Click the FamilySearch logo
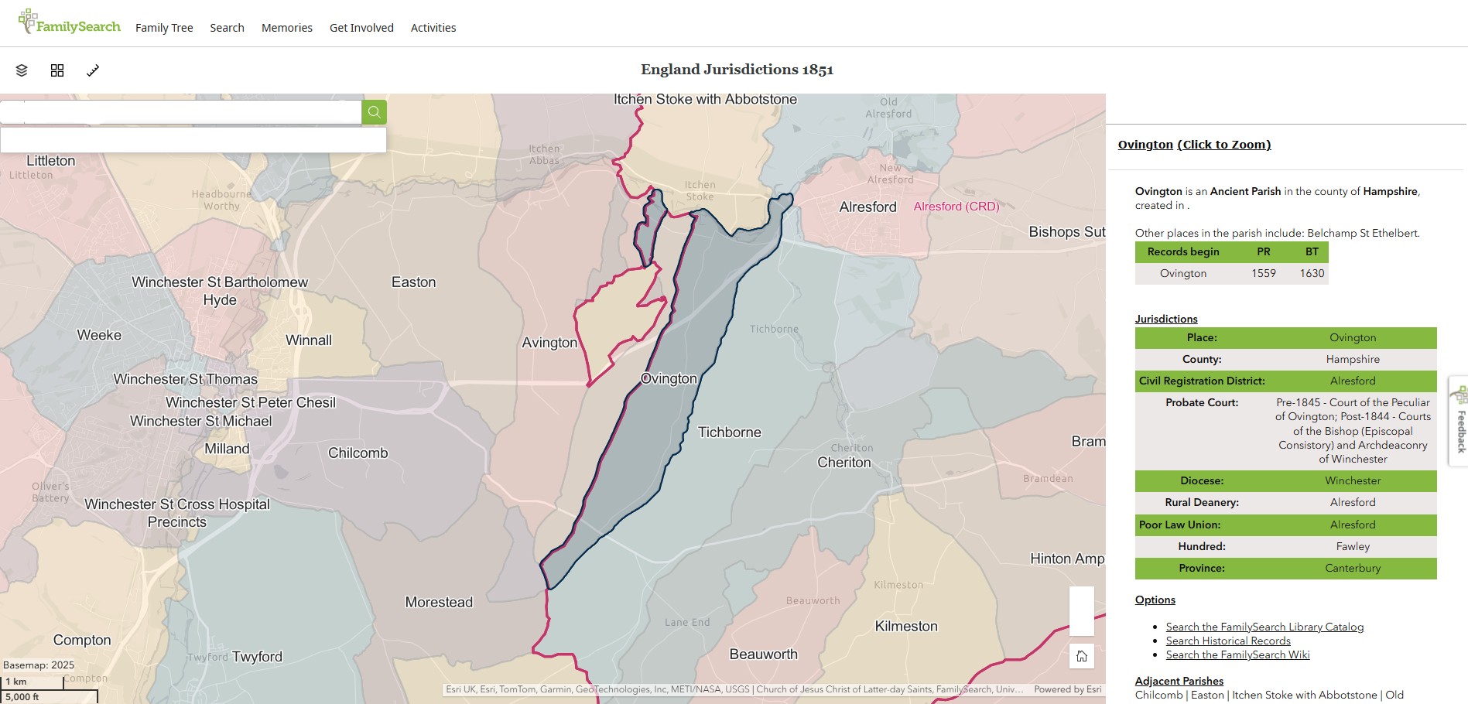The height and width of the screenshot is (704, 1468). click(x=70, y=23)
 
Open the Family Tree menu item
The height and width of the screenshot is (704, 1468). click(x=164, y=28)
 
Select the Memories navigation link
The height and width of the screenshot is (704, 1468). click(x=286, y=28)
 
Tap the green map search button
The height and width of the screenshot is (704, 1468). click(x=374, y=112)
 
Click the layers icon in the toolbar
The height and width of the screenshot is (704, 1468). click(x=22, y=70)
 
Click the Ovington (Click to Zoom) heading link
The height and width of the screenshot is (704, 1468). click(x=1194, y=145)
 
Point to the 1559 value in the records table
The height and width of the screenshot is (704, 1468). click(x=1263, y=273)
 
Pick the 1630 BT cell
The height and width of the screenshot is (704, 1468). click(x=1312, y=273)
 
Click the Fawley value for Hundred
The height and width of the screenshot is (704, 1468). click(x=1352, y=546)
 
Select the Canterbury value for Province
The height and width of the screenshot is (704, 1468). click(x=1352, y=568)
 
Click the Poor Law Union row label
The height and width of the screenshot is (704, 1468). click(x=1187, y=525)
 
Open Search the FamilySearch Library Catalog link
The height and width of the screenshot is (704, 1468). click(x=1264, y=627)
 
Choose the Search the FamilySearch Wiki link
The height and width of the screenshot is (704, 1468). click(x=1237, y=654)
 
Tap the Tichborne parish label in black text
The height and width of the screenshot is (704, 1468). click(x=729, y=432)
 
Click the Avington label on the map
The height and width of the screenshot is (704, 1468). click(x=549, y=343)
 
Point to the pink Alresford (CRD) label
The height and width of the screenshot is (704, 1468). click(x=956, y=207)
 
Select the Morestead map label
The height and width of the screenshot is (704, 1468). click(x=439, y=602)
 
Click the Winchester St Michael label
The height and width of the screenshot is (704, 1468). click(x=201, y=421)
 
